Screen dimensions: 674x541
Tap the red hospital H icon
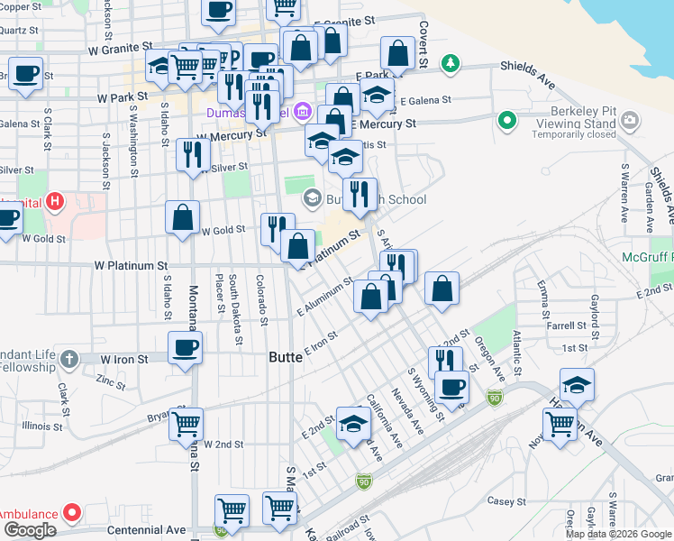pyautogui.click(x=57, y=200)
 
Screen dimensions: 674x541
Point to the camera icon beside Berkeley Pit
pyautogui.click(x=629, y=119)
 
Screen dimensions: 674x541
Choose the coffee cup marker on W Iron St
pyautogui.click(x=186, y=348)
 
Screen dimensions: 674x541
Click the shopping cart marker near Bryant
pyautogui.click(x=186, y=423)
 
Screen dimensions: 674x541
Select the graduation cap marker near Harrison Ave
pyautogui.click(x=577, y=385)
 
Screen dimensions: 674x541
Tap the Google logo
pyautogui.click(x=29, y=530)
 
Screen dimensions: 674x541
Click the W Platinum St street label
pyautogui.click(x=132, y=266)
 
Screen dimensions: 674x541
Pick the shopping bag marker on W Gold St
pyautogui.click(x=182, y=217)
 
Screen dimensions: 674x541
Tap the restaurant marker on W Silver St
pyautogui.click(x=193, y=154)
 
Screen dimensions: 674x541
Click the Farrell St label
pyautogui.click(x=567, y=326)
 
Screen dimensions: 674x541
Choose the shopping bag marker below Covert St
pyautogui.click(x=396, y=53)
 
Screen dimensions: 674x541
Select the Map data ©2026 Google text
pyautogui.click(x=618, y=534)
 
